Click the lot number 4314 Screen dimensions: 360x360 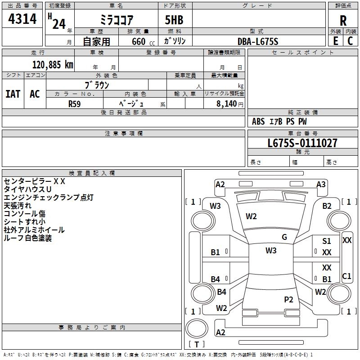tap(22, 19)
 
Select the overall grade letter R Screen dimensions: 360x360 tap(343, 20)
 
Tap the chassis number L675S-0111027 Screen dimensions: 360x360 tap(302, 143)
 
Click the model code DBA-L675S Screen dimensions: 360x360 tap(258, 41)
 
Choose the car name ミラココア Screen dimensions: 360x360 tap(116, 20)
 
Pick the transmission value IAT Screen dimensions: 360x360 tap(13, 94)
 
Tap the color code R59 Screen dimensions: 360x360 tap(74, 103)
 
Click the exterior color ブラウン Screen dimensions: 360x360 tap(97, 85)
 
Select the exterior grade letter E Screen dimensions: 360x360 tap(335, 41)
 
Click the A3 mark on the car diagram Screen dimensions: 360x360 tap(321, 184)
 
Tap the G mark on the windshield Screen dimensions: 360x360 tap(284, 237)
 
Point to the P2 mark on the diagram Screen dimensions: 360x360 tap(288, 299)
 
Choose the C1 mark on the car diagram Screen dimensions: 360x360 tap(346, 276)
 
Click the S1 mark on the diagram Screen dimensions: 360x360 tap(327, 241)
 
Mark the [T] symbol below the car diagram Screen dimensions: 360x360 tap(197, 344)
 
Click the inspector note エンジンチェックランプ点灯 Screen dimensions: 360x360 tap(49, 198)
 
